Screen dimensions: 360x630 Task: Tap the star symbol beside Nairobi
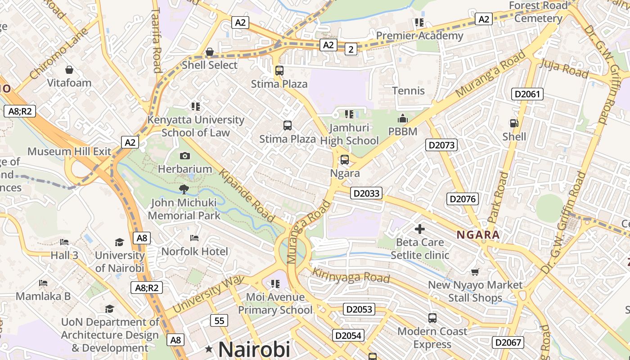[209, 349]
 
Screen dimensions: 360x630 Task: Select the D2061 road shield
[527, 94]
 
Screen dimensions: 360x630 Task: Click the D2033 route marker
[366, 193]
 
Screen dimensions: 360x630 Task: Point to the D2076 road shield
[463, 199]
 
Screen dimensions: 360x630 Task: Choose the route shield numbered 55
[219, 321]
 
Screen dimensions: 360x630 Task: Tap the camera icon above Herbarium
[184, 156]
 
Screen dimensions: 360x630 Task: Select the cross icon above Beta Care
[420, 229]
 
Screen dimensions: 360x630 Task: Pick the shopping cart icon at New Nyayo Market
[475, 272]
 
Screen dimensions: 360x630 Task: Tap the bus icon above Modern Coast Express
[432, 318]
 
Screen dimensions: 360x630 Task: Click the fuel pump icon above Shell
[513, 123]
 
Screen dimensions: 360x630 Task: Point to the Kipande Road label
[247, 196]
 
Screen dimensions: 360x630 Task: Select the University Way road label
[208, 295]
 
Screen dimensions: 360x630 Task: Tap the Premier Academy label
[419, 36]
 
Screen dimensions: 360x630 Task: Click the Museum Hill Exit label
[69, 151]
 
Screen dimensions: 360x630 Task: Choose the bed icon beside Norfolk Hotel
[194, 238]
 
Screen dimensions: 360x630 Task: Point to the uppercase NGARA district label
[478, 234]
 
